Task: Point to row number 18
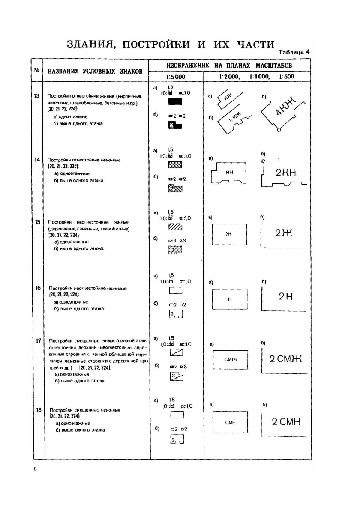coord(37,409)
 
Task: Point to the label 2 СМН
coord(286,421)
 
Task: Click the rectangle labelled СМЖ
coord(231,360)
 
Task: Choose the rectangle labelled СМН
coord(231,422)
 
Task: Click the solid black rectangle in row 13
coord(176,102)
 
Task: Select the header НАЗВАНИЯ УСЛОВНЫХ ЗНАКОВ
coord(95,72)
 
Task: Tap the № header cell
coord(37,70)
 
